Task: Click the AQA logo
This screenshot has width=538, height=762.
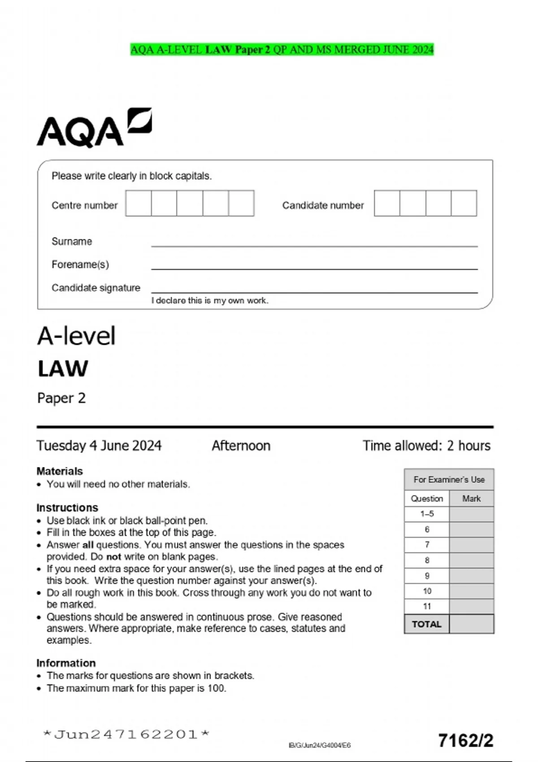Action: (94, 128)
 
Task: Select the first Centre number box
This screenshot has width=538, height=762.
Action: (139, 203)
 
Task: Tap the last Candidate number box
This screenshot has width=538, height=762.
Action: (464, 203)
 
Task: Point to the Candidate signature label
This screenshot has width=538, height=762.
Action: (96, 288)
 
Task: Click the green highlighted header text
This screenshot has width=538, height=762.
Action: (282, 49)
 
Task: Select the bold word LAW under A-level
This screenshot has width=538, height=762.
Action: (63, 369)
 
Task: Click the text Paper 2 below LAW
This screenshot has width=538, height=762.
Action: (61, 398)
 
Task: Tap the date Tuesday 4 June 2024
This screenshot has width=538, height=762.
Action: (99, 446)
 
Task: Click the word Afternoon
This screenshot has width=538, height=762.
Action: (241, 446)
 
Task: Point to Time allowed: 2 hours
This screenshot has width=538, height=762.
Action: (426, 446)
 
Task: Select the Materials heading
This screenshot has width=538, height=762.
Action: (60, 471)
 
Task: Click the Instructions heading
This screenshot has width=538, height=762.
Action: (67, 507)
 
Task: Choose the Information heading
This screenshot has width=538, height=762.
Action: (66, 663)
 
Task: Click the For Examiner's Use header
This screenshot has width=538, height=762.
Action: (449, 480)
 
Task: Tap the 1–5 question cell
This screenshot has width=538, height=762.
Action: (427, 514)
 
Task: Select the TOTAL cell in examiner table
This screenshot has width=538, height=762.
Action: (427, 624)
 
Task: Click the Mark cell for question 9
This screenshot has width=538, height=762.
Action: (471, 576)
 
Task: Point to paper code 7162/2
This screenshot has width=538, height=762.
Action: (466, 740)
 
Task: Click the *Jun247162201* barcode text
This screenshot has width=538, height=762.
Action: (126, 734)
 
